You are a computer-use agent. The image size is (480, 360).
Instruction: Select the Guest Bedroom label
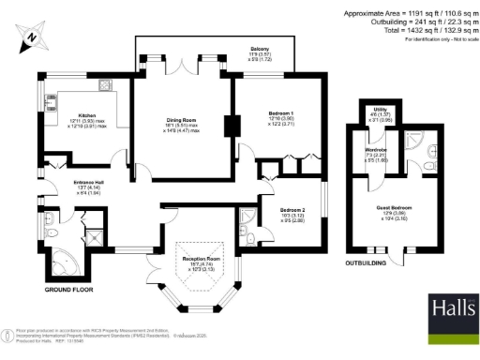point(395,212)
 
